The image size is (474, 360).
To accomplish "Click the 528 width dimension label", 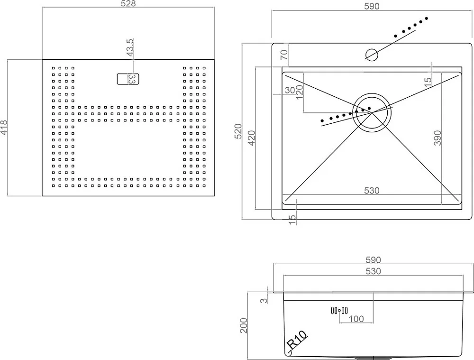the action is click(x=128, y=4).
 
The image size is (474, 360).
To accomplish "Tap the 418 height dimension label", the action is click(x=4, y=128).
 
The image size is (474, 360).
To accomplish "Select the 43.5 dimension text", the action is click(x=130, y=47).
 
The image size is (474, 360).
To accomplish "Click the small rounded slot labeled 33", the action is click(x=128, y=79).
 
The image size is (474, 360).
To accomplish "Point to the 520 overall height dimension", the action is click(x=238, y=131).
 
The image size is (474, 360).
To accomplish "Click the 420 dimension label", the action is click(x=252, y=138).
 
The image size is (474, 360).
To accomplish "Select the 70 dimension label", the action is click(x=284, y=55).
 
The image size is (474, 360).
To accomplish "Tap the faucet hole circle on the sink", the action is click(x=372, y=55).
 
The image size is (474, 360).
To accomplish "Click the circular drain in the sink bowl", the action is click(x=372, y=112).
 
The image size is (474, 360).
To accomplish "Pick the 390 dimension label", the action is click(x=438, y=138).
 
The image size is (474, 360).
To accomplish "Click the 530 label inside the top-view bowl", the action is click(x=372, y=191).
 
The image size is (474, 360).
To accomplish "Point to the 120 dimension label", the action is click(x=299, y=92).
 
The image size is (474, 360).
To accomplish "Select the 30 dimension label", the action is click(x=290, y=90).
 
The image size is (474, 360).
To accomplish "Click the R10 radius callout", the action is click(x=297, y=340).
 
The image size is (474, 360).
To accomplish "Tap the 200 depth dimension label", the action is click(x=244, y=325).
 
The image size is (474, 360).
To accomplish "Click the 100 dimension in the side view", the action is click(x=356, y=319).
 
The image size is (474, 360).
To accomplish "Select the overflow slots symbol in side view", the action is click(x=339, y=310).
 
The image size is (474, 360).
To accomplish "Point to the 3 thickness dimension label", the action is click(x=264, y=301).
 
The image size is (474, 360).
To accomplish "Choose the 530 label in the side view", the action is click(x=374, y=271).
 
